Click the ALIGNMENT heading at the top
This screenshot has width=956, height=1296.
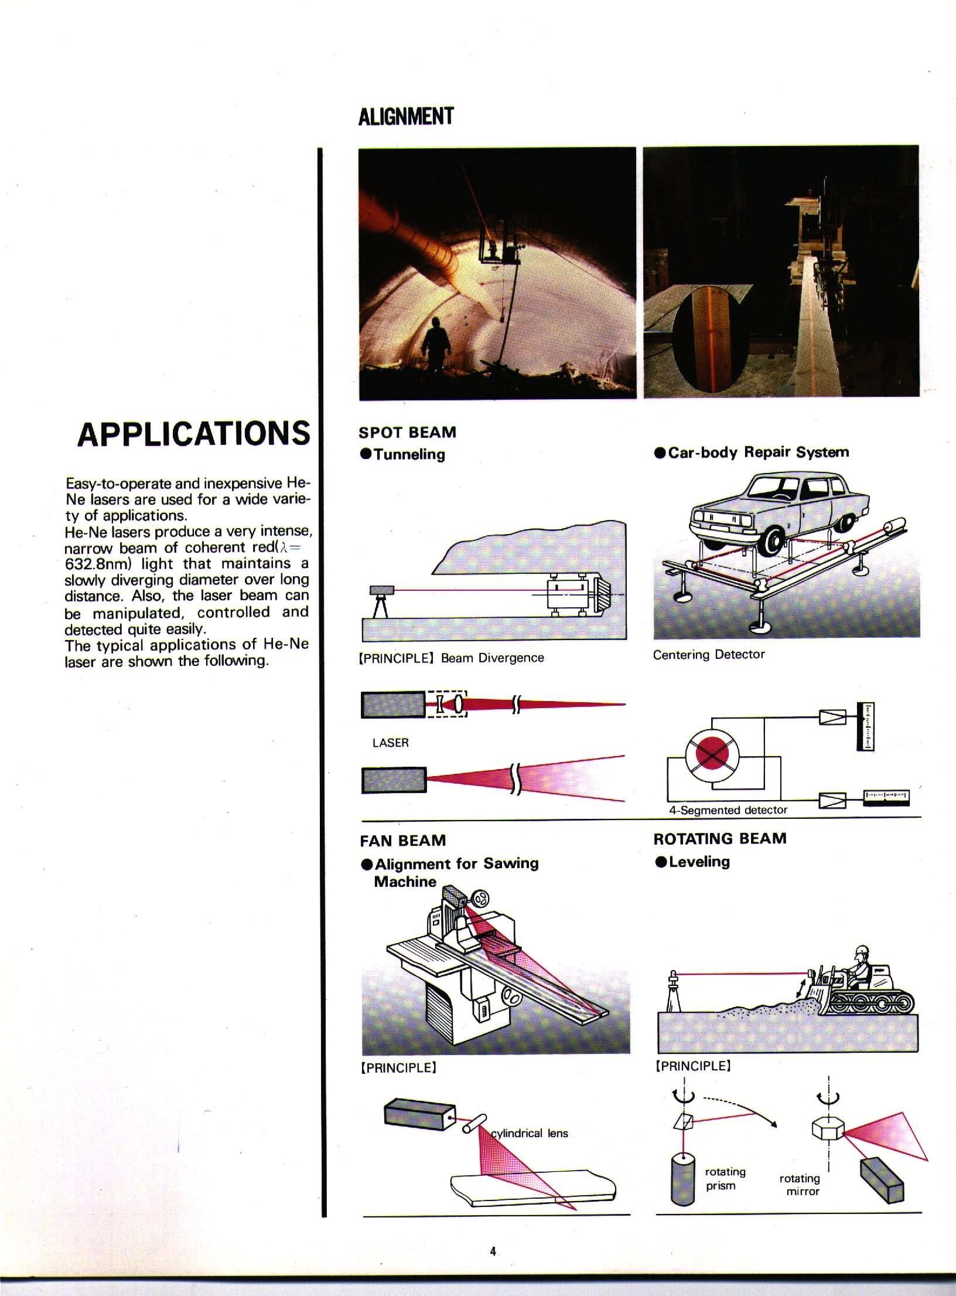click(x=405, y=116)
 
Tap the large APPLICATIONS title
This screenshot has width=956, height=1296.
click(x=193, y=434)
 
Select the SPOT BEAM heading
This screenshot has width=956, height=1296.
click(x=407, y=433)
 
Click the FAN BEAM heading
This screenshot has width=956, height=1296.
click(x=402, y=841)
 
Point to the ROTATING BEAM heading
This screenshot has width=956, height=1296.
click(x=719, y=838)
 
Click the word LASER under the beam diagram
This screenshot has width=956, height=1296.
click(x=390, y=743)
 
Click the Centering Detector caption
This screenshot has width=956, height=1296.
click(x=709, y=655)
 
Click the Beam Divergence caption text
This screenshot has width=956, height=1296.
click(x=492, y=658)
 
